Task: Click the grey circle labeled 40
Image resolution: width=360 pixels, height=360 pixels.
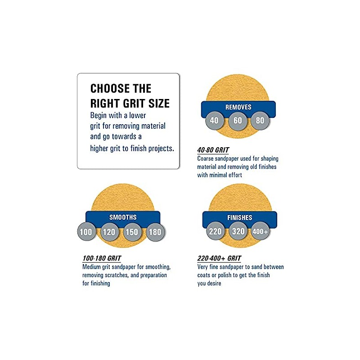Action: point(214,121)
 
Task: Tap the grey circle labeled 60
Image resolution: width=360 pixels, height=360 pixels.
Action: point(237,121)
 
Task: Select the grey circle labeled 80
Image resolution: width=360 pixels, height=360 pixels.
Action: point(260,121)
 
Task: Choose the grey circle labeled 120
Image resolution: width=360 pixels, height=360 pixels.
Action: point(109,232)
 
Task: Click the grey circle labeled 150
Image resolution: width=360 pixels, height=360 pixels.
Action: point(133,232)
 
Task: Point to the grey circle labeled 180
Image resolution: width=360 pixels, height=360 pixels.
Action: point(155,232)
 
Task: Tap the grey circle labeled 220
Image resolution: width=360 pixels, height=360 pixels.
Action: point(216,231)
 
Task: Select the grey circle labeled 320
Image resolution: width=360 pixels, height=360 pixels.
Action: point(238,231)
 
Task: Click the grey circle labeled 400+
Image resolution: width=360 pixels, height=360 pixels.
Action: point(261,231)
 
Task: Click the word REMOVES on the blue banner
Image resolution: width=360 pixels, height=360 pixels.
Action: point(238,107)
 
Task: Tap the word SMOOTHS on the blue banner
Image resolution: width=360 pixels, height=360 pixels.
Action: point(122,217)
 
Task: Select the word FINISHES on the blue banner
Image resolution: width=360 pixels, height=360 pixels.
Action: point(240,218)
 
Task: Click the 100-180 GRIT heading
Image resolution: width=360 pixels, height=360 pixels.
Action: point(102,258)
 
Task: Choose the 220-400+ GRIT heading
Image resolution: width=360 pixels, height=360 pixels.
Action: point(219,258)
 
